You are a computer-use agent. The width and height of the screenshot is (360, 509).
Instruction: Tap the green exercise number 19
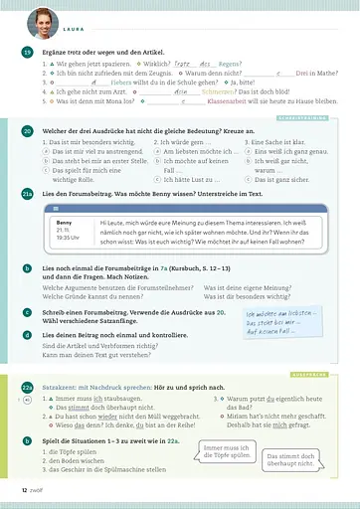27,52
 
